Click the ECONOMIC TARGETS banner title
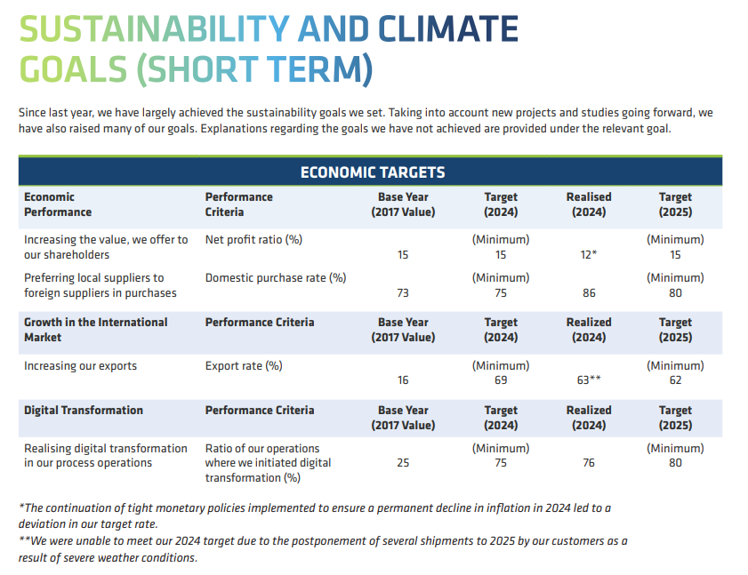pos(373,172)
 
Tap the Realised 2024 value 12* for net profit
pos(588,255)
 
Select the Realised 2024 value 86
pos(588,293)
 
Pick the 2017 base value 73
pos(403,293)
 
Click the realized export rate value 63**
pos(588,380)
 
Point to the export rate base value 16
pos(403,380)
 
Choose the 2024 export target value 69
pos(501,380)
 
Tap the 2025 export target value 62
pos(675,380)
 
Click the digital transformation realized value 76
pos(588,462)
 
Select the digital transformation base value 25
pos(403,462)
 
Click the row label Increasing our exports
pos(81,366)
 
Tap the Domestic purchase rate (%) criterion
pos(276,278)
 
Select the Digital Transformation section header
pos(84,411)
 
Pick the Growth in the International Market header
pos(96,330)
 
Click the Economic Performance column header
pos(58,204)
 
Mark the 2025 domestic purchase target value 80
pos(675,293)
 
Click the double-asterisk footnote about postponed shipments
pos(323,549)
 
